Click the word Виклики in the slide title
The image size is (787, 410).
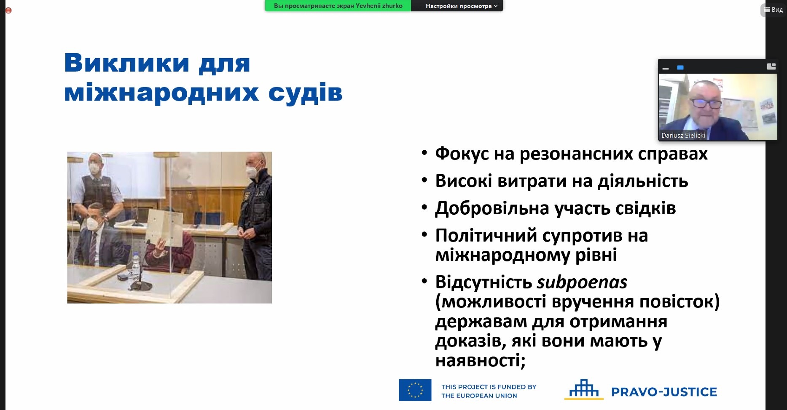tap(127, 63)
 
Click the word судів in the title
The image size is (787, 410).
tap(305, 92)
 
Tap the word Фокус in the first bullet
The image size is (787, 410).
tap(462, 154)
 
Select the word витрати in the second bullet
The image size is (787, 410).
tap(532, 181)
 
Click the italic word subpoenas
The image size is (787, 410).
tap(582, 282)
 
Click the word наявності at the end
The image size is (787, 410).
tap(480, 360)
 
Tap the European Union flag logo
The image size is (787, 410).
tap(415, 390)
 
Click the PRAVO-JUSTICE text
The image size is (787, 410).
tap(664, 392)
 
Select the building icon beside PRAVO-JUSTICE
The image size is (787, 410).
tap(584, 389)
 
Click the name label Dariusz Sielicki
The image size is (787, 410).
tap(683, 135)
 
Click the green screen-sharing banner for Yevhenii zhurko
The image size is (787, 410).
tap(338, 6)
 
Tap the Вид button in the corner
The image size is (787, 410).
tap(774, 10)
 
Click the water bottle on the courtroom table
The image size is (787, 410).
tap(136, 266)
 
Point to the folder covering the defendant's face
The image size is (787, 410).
tap(165, 227)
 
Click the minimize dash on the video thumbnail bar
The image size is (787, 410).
tap(666, 68)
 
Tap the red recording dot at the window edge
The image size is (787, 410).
tap(8, 11)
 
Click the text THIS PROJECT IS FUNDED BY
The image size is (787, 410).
tap(489, 387)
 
